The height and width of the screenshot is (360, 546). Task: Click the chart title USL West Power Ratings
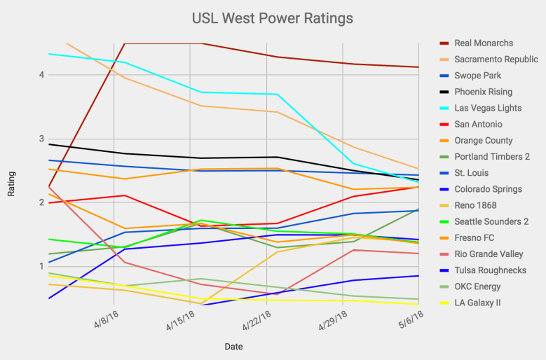(x=273, y=17)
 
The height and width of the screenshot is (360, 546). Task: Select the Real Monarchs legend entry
(x=484, y=43)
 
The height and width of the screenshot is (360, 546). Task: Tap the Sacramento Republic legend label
(x=496, y=60)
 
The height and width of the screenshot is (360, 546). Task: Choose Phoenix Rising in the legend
(x=484, y=92)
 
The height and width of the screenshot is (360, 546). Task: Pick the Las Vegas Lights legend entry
(x=488, y=108)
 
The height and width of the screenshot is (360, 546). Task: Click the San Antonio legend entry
(x=478, y=124)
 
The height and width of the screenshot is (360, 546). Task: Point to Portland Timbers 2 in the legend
(x=493, y=157)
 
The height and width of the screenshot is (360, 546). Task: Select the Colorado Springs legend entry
(x=488, y=189)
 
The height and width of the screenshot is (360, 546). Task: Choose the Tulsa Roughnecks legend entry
(x=490, y=270)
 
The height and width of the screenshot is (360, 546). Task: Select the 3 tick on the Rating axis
(x=41, y=139)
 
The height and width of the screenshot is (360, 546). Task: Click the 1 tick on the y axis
(x=41, y=266)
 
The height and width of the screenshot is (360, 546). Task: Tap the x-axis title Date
(x=234, y=346)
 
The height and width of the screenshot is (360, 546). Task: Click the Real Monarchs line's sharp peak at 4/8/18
(x=125, y=43)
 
